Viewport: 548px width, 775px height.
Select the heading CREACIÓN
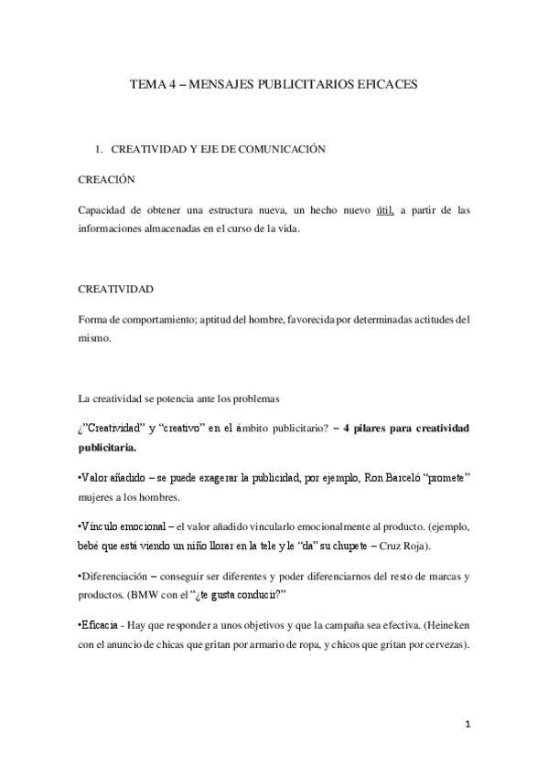106,179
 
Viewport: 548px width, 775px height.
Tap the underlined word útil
385,210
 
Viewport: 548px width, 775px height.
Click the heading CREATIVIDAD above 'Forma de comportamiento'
116,289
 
